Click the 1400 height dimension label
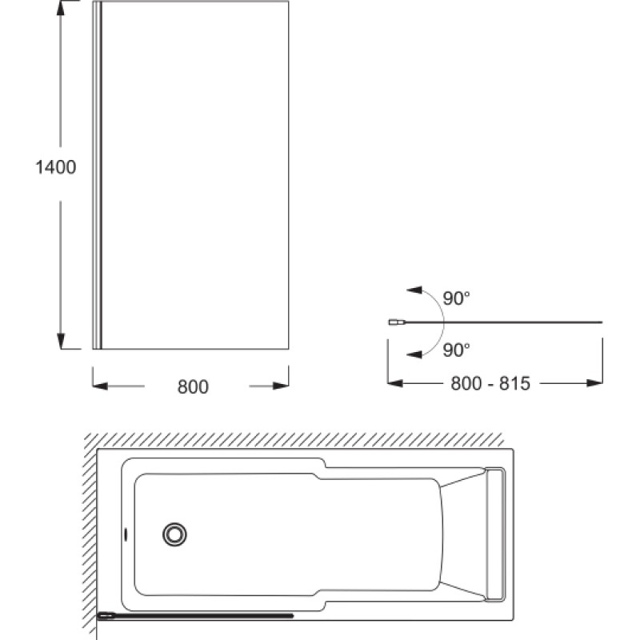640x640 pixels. tap(56, 167)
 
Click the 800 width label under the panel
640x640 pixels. tap(193, 387)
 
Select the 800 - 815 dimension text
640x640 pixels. tap(490, 384)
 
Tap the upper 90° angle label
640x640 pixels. tap(456, 298)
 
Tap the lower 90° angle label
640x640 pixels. tap(456, 350)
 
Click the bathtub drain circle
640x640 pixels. tap(174, 534)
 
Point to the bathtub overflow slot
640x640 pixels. tap(126, 534)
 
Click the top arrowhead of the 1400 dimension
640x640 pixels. tap(61, 8)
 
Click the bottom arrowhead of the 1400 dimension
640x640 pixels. tap(61, 342)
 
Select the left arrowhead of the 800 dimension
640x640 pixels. tap(101, 386)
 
